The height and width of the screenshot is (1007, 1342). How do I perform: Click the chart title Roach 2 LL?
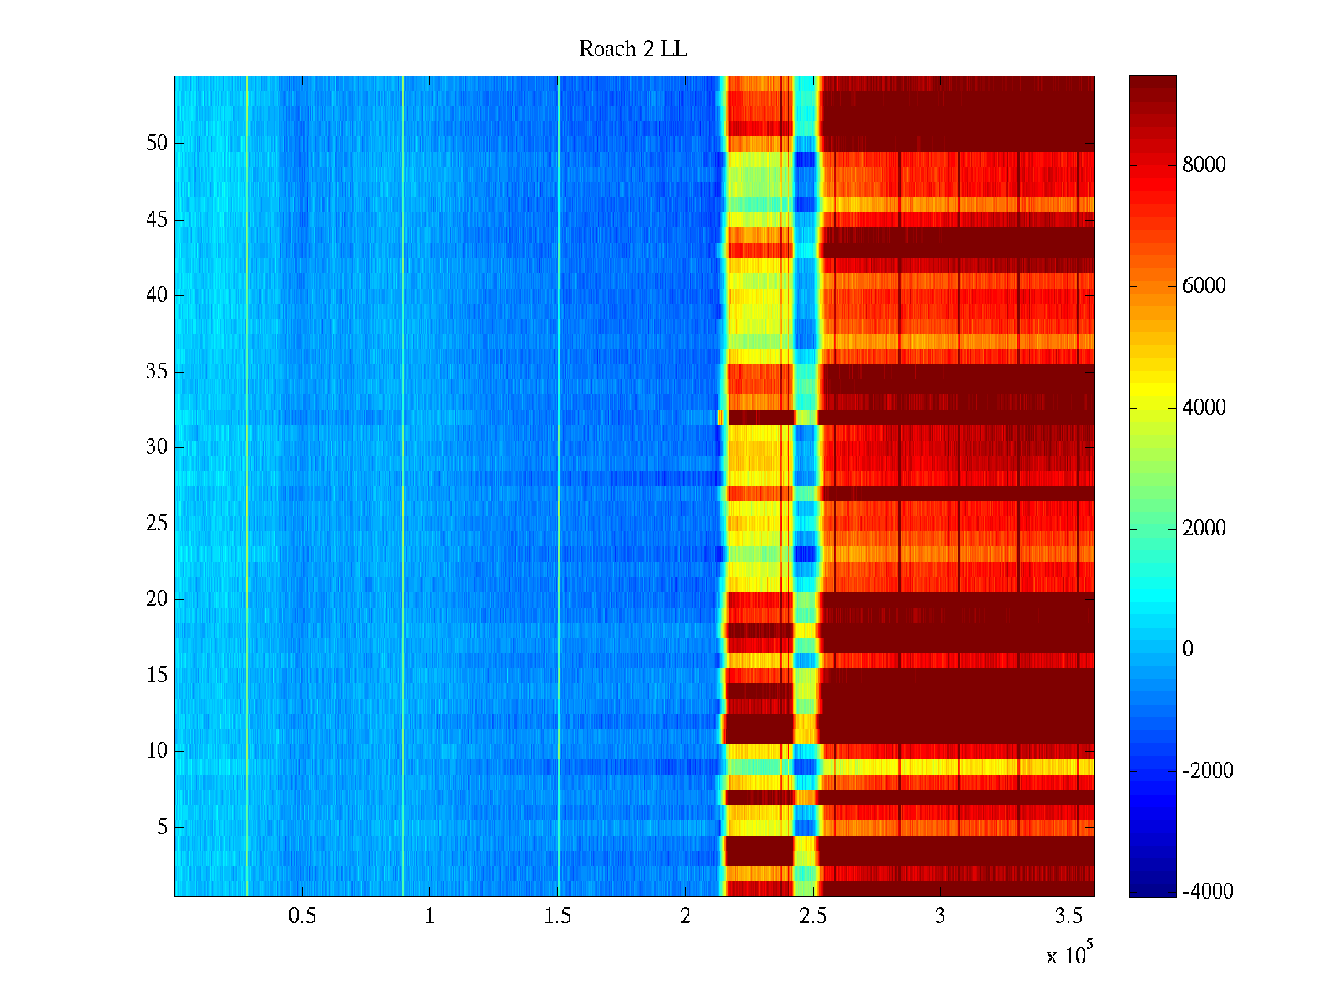tap(632, 50)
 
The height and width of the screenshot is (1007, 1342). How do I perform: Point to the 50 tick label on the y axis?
tap(157, 143)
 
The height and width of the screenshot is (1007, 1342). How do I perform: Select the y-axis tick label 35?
tap(157, 371)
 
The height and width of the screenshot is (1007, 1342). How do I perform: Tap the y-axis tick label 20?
tap(157, 599)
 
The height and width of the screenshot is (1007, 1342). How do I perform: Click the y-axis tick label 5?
tap(162, 827)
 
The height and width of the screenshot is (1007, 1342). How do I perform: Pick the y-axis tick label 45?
tap(157, 220)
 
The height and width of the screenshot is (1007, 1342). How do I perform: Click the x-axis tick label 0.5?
tap(302, 916)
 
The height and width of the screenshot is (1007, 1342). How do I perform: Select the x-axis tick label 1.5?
tap(558, 916)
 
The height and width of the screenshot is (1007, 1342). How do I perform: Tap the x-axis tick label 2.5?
tap(813, 916)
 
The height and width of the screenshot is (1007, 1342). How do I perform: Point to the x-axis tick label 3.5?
tap(1069, 916)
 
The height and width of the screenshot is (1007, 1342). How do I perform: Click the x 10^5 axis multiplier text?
tap(1069, 954)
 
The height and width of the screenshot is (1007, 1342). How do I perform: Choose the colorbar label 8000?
tap(1204, 165)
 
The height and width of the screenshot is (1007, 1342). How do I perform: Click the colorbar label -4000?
tap(1207, 892)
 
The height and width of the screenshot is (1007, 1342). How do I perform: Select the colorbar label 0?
tap(1188, 650)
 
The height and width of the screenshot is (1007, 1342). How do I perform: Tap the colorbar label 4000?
tap(1204, 408)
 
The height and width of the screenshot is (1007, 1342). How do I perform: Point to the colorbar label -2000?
tap(1207, 771)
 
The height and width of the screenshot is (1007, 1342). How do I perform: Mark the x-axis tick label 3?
tap(940, 916)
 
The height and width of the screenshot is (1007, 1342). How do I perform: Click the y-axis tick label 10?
tap(157, 751)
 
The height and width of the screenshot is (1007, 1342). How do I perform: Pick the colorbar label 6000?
tap(1204, 286)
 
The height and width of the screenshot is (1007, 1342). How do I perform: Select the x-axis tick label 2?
tap(685, 916)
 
